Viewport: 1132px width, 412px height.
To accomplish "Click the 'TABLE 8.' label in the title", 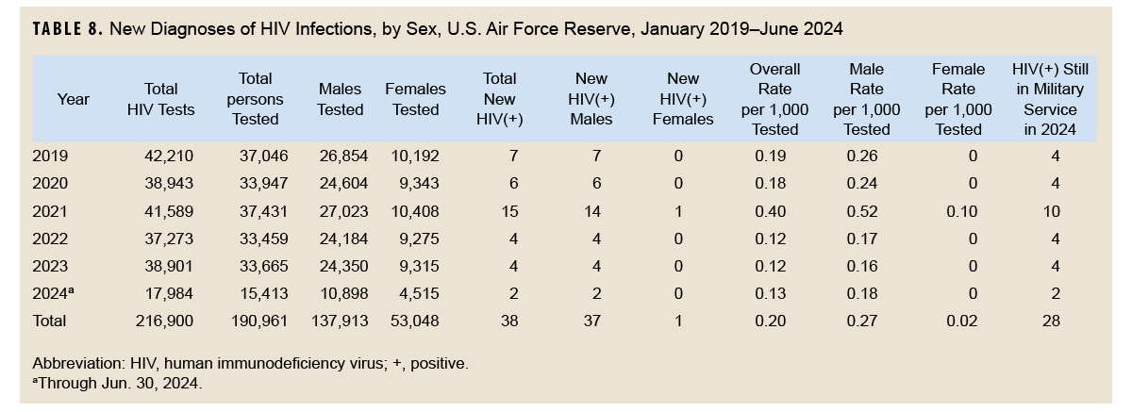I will pyautogui.click(x=67, y=29).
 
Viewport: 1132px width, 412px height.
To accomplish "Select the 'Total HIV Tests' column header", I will pyautogui.click(x=160, y=99).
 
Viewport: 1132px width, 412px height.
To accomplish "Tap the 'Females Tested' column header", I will pyautogui.click(x=415, y=99).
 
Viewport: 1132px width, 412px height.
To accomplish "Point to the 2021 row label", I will pyautogui.click(x=50, y=212).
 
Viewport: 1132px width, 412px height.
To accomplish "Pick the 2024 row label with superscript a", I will pyautogui.click(x=54, y=293).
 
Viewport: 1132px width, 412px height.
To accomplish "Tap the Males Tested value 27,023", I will pyautogui.click(x=341, y=212).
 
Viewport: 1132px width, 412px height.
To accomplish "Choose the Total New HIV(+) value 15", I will pyautogui.click(x=508, y=212).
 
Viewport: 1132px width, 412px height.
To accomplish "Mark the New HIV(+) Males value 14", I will pyautogui.click(x=592, y=212).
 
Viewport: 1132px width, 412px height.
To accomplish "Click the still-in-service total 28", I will pyautogui.click(x=1052, y=321).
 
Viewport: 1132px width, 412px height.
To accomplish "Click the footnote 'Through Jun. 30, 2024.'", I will pyautogui.click(x=119, y=384).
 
